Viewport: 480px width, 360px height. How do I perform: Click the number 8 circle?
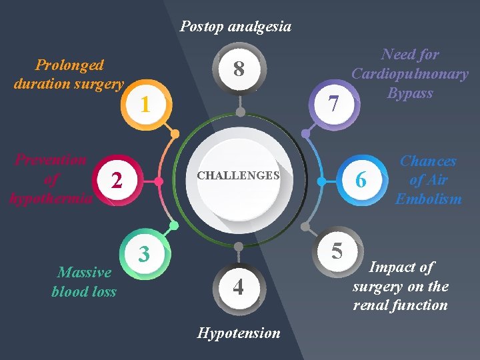coord(239,69)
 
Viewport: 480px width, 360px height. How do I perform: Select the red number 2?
coord(117,180)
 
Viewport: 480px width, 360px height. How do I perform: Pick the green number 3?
coord(143,253)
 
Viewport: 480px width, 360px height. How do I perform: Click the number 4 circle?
coord(239,287)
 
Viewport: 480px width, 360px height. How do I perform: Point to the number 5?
coord(337,251)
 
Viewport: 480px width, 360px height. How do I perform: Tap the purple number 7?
coord(335,103)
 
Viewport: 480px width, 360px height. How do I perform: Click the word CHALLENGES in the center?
coord(238,176)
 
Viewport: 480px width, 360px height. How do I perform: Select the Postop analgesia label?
coord(235,27)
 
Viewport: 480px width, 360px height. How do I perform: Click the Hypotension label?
coord(239,333)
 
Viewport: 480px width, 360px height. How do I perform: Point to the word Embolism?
coord(428,199)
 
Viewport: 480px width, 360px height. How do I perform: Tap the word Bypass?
coord(410,93)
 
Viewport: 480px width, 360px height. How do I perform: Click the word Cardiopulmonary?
coord(410,73)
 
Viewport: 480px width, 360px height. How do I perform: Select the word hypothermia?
coord(51,198)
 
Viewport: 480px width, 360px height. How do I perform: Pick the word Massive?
coord(85,272)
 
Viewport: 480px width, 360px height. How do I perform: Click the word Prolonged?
coord(69,65)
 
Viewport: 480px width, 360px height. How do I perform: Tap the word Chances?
coord(428,161)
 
